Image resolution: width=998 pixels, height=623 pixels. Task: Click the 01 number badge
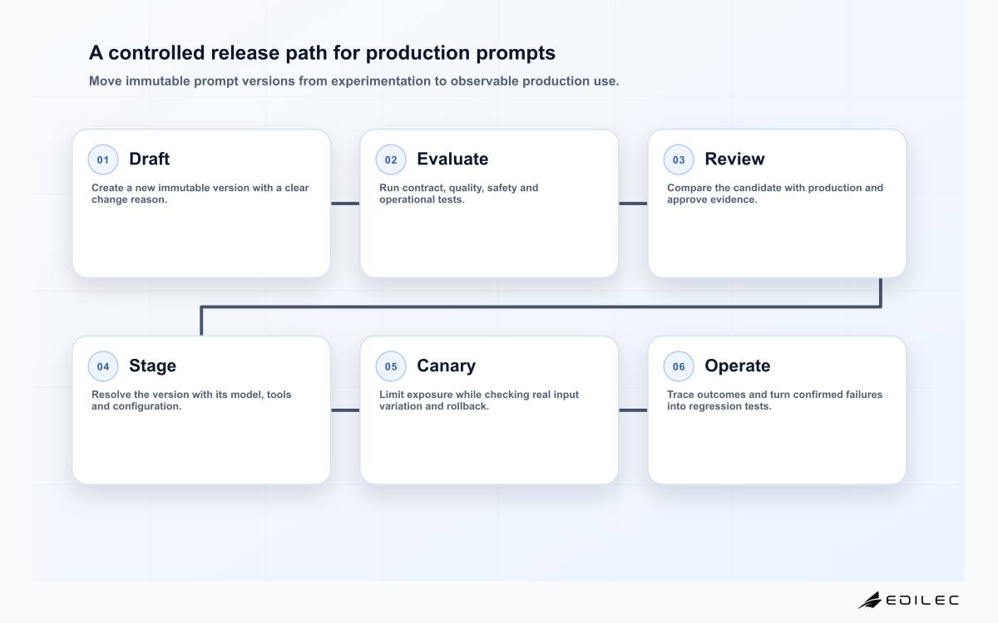(x=103, y=159)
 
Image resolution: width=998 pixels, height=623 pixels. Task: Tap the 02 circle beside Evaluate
(x=391, y=159)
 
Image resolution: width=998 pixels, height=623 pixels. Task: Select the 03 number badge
(x=679, y=159)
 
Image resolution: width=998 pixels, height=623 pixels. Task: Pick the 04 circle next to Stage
(x=103, y=366)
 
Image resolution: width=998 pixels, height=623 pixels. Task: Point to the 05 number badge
(x=391, y=366)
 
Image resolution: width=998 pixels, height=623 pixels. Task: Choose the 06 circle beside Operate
(x=679, y=366)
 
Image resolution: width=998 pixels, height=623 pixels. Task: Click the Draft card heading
(x=149, y=159)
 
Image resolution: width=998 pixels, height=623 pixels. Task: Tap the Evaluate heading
(x=452, y=159)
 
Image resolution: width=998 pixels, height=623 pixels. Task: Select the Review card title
(x=734, y=159)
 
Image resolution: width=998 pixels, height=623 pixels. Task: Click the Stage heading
(x=152, y=366)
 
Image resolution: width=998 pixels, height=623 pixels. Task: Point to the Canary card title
(x=446, y=366)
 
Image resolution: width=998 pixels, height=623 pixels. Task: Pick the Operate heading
(x=738, y=366)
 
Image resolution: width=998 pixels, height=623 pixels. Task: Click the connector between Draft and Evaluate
(x=345, y=204)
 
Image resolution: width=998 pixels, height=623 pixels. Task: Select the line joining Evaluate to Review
(x=633, y=204)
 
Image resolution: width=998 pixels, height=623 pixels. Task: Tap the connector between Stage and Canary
(x=345, y=410)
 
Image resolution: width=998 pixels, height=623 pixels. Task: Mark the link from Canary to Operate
(x=633, y=410)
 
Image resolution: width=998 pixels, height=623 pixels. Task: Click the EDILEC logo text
(x=922, y=601)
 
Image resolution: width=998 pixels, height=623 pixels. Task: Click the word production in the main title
(x=417, y=53)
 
